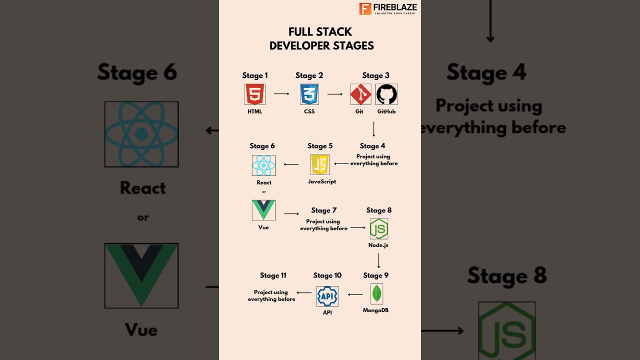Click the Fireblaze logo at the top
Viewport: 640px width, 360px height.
(x=388, y=8)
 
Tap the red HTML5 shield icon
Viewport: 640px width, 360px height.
(x=255, y=94)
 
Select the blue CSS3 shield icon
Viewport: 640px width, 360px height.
(x=309, y=94)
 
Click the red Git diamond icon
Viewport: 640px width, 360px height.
(x=360, y=94)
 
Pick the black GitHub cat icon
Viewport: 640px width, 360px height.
(x=386, y=94)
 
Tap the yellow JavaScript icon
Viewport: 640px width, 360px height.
(x=320, y=164)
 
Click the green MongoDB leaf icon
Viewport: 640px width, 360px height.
(x=376, y=294)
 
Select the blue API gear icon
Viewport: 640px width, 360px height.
(x=327, y=296)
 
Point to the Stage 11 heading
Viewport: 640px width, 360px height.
(x=273, y=275)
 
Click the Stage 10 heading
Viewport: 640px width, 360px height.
(x=327, y=275)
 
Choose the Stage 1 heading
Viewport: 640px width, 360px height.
(x=255, y=75)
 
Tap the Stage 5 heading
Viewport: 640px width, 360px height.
(x=320, y=146)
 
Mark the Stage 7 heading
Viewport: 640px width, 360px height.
(x=324, y=210)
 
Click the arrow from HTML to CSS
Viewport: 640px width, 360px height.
(x=281, y=93)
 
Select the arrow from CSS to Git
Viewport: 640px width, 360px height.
(x=335, y=93)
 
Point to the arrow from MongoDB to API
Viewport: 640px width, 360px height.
(x=355, y=294)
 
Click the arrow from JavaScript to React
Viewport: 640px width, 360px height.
(x=291, y=164)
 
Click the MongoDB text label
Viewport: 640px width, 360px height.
(x=375, y=310)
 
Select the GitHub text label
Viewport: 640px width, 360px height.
(x=386, y=111)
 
